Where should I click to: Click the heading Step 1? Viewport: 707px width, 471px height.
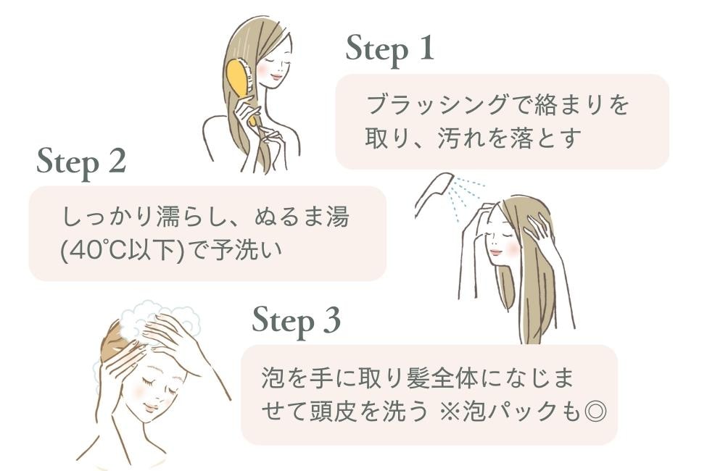click(390, 49)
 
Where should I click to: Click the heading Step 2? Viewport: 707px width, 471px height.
click(81, 162)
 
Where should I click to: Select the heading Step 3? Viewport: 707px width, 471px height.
click(297, 321)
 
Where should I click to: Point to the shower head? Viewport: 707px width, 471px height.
click(431, 193)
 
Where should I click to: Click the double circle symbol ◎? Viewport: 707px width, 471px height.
click(595, 411)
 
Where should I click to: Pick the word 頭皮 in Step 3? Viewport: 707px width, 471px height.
click(334, 411)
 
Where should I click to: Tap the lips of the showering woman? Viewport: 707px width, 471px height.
click(495, 251)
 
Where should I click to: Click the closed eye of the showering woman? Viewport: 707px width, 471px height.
click(504, 236)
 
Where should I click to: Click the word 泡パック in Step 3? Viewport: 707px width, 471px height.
click(510, 411)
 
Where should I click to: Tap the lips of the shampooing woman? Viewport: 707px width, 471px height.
click(151, 408)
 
